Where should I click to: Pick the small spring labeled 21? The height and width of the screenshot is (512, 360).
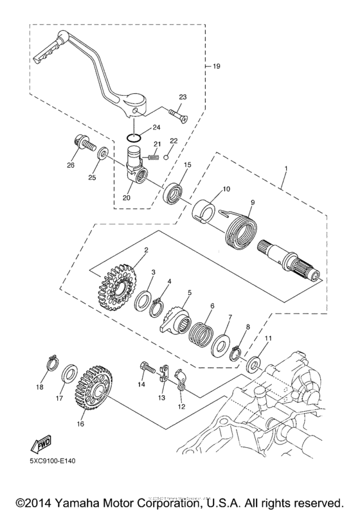pos(153,155)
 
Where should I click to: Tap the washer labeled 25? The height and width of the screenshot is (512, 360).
pos(102,156)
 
